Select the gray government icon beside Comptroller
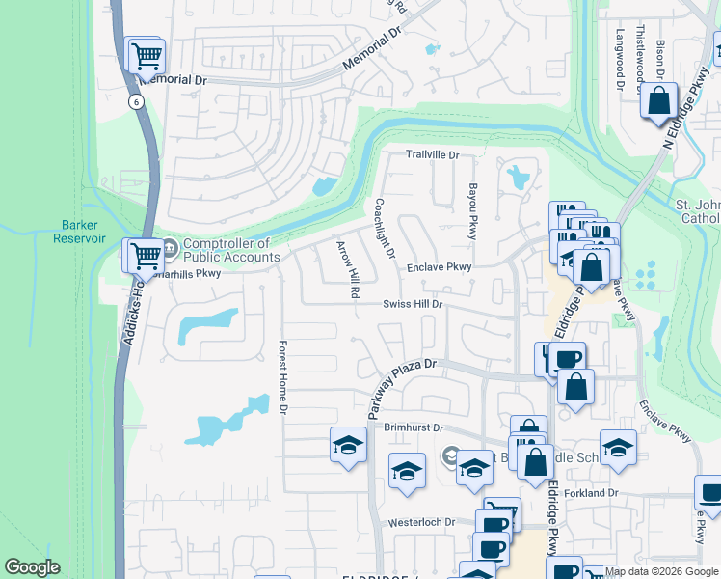tap(170, 250)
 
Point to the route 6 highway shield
tap(137, 101)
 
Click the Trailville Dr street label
tap(432, 154)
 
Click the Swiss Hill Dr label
tap(413, 304)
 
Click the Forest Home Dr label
tap(283, 377)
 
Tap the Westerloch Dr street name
tap(421, 522)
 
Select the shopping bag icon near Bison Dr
tap(659, 100)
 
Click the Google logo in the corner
tap(32, 567)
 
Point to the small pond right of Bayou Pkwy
tap(520, 177)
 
